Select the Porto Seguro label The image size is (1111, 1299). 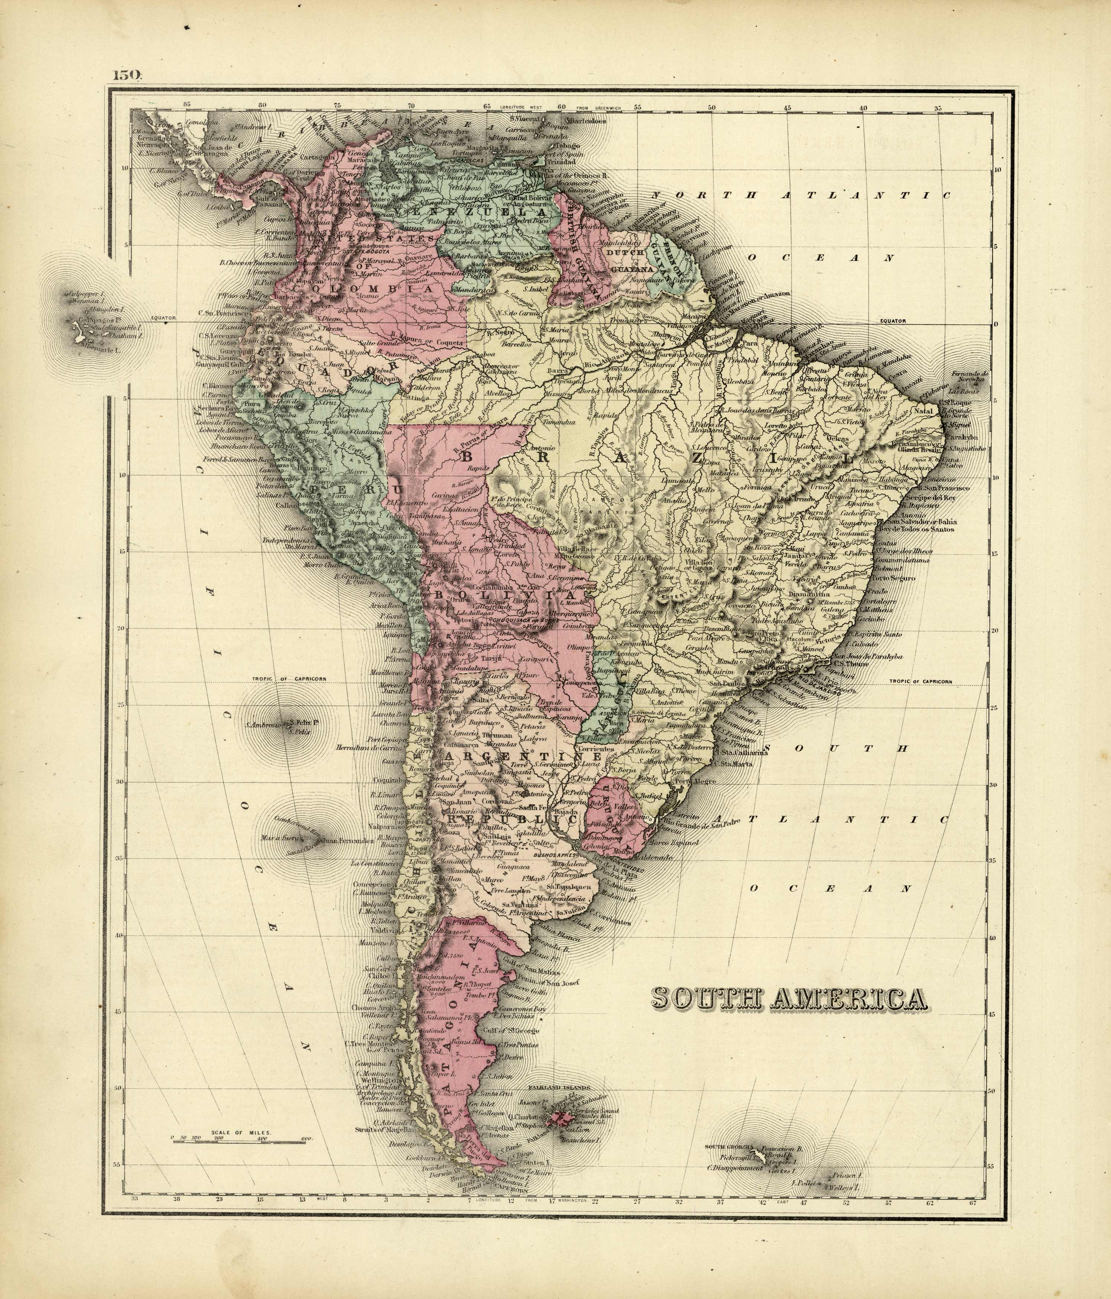894,578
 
